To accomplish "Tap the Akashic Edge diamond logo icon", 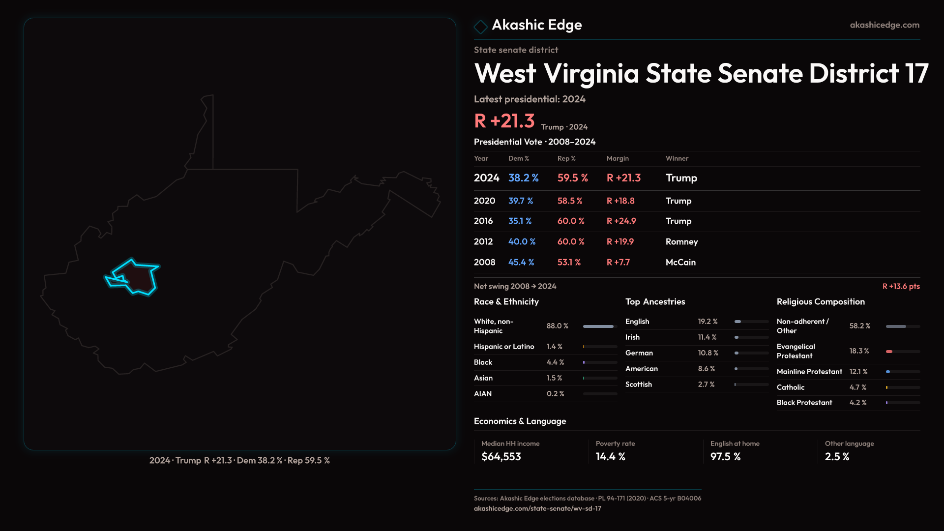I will (480, 26).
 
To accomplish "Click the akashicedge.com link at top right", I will (885, 25).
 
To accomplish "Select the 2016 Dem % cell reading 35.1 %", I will (520, 221).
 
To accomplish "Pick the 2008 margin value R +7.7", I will (618, 263).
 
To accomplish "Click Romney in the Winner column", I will (681, 242).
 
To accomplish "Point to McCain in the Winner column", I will (680, 263).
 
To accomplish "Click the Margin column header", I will (618, 158).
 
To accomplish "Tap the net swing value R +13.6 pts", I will (901, 286).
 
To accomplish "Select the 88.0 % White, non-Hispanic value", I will (557, 326).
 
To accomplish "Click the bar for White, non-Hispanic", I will (598, 326).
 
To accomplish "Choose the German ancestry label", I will (639, 353).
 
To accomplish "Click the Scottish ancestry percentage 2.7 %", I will (706, 384).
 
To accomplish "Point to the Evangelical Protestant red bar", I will (889, 352).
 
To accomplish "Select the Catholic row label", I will (791, 387).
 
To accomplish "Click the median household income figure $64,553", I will (501, 457).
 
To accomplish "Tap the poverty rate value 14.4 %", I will (610, 457).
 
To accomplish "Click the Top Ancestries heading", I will (655, 302).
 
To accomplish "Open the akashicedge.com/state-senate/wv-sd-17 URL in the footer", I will (537, 509).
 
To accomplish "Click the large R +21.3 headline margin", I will (504, 121).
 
